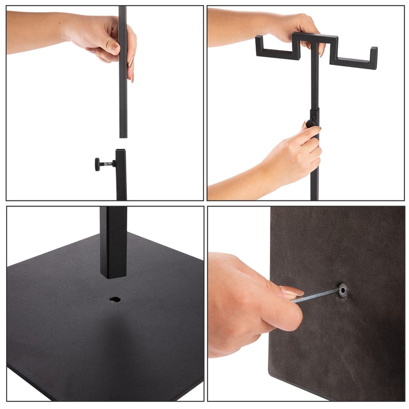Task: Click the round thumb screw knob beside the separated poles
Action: tap(97, 164)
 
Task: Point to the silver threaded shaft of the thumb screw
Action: tap(107, 164)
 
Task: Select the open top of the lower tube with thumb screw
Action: tap(121, 151)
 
